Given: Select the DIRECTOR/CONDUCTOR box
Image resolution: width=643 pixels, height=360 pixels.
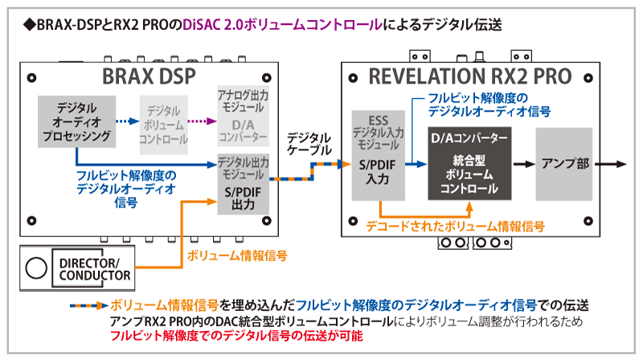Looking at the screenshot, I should click(x=91, y=269).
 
